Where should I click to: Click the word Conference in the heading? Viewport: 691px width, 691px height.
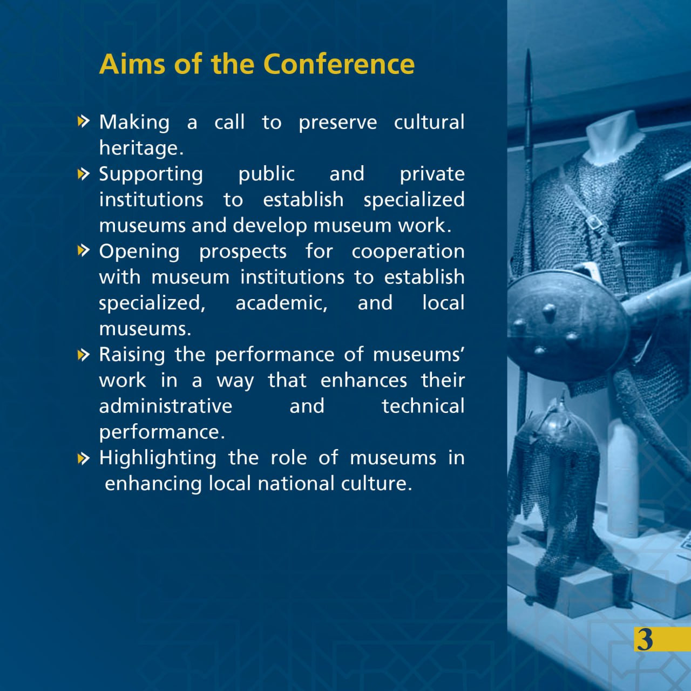click(x=339, y=64)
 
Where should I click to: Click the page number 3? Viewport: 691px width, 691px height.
click(x=645, y=639)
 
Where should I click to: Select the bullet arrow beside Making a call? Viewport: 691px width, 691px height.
click(x=84, y=121)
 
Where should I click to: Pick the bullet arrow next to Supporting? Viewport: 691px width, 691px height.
click(x=84, y=174)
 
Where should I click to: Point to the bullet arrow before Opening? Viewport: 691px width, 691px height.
click(x=84, y=250)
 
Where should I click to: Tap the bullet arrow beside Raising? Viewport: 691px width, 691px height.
click(x=84, y=355)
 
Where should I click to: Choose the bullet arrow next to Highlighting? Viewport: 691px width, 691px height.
click(x=84, y=458)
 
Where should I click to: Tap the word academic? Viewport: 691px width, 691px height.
click(x=281, y=303)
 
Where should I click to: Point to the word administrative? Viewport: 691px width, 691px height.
click(x=166, y=407)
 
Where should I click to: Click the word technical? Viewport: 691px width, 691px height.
click(x=423, y=407)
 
